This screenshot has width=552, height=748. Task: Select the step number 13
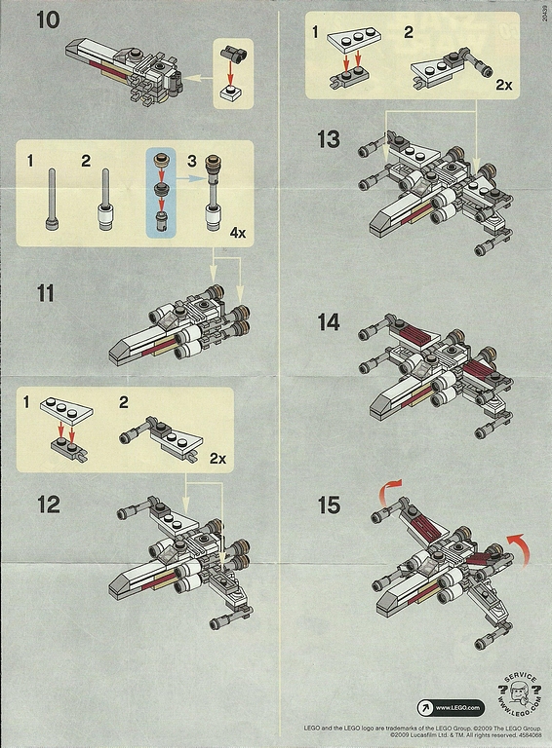coord(329,139)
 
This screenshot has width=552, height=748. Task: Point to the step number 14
coord(328,321)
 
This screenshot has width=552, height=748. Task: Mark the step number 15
coord(329,505)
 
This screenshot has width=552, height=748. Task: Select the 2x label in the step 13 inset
coord(503,85)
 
